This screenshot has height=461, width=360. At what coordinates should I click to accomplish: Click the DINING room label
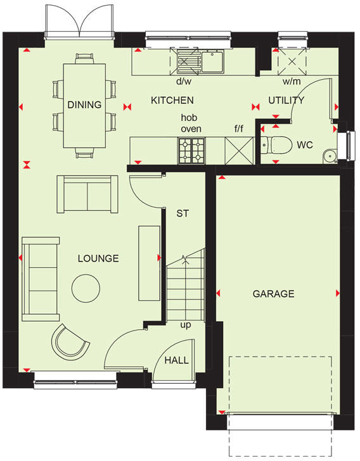point(84,104)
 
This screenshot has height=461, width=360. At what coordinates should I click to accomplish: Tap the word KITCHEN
point(172,100)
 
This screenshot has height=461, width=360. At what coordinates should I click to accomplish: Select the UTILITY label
point(286,100)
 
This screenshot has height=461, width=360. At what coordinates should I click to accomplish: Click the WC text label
point(305,144)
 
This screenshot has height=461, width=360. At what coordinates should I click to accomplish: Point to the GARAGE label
point(273,294)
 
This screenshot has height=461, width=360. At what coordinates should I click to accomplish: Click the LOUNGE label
point(98,258)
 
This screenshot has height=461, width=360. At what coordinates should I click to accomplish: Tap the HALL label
point(176,360)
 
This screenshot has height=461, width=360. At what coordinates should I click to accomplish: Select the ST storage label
point(183,213)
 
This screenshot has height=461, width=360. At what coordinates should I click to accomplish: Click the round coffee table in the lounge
point(86,288)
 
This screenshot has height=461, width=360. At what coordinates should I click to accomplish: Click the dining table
point(84,104)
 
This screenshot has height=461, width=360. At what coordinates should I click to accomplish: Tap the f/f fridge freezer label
point(239,129)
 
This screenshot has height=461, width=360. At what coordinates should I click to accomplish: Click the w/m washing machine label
point(292,81)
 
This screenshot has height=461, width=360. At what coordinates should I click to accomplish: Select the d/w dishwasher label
point(184,81)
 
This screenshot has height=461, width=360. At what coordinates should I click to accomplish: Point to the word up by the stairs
point(185,325)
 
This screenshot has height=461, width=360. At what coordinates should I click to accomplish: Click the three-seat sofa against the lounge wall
point(41,279)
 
